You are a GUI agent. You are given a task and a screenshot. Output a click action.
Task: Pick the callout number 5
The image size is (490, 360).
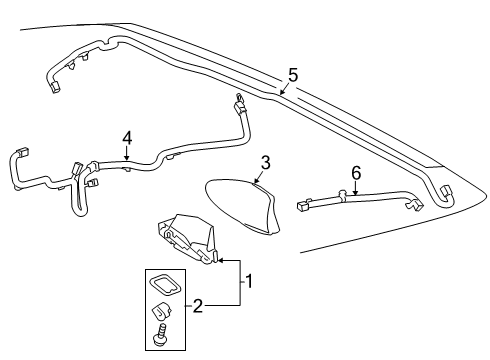(292, 74)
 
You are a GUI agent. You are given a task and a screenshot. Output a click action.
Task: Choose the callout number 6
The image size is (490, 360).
(355, 173)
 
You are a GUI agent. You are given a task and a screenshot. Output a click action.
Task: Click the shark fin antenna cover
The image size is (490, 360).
(246, 206)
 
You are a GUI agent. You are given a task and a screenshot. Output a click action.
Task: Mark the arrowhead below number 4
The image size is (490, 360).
(125, 160)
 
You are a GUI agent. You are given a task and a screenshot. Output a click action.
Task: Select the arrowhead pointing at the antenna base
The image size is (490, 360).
(218, 262)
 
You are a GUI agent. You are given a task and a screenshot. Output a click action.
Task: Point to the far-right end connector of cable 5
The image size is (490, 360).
(445, 193)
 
